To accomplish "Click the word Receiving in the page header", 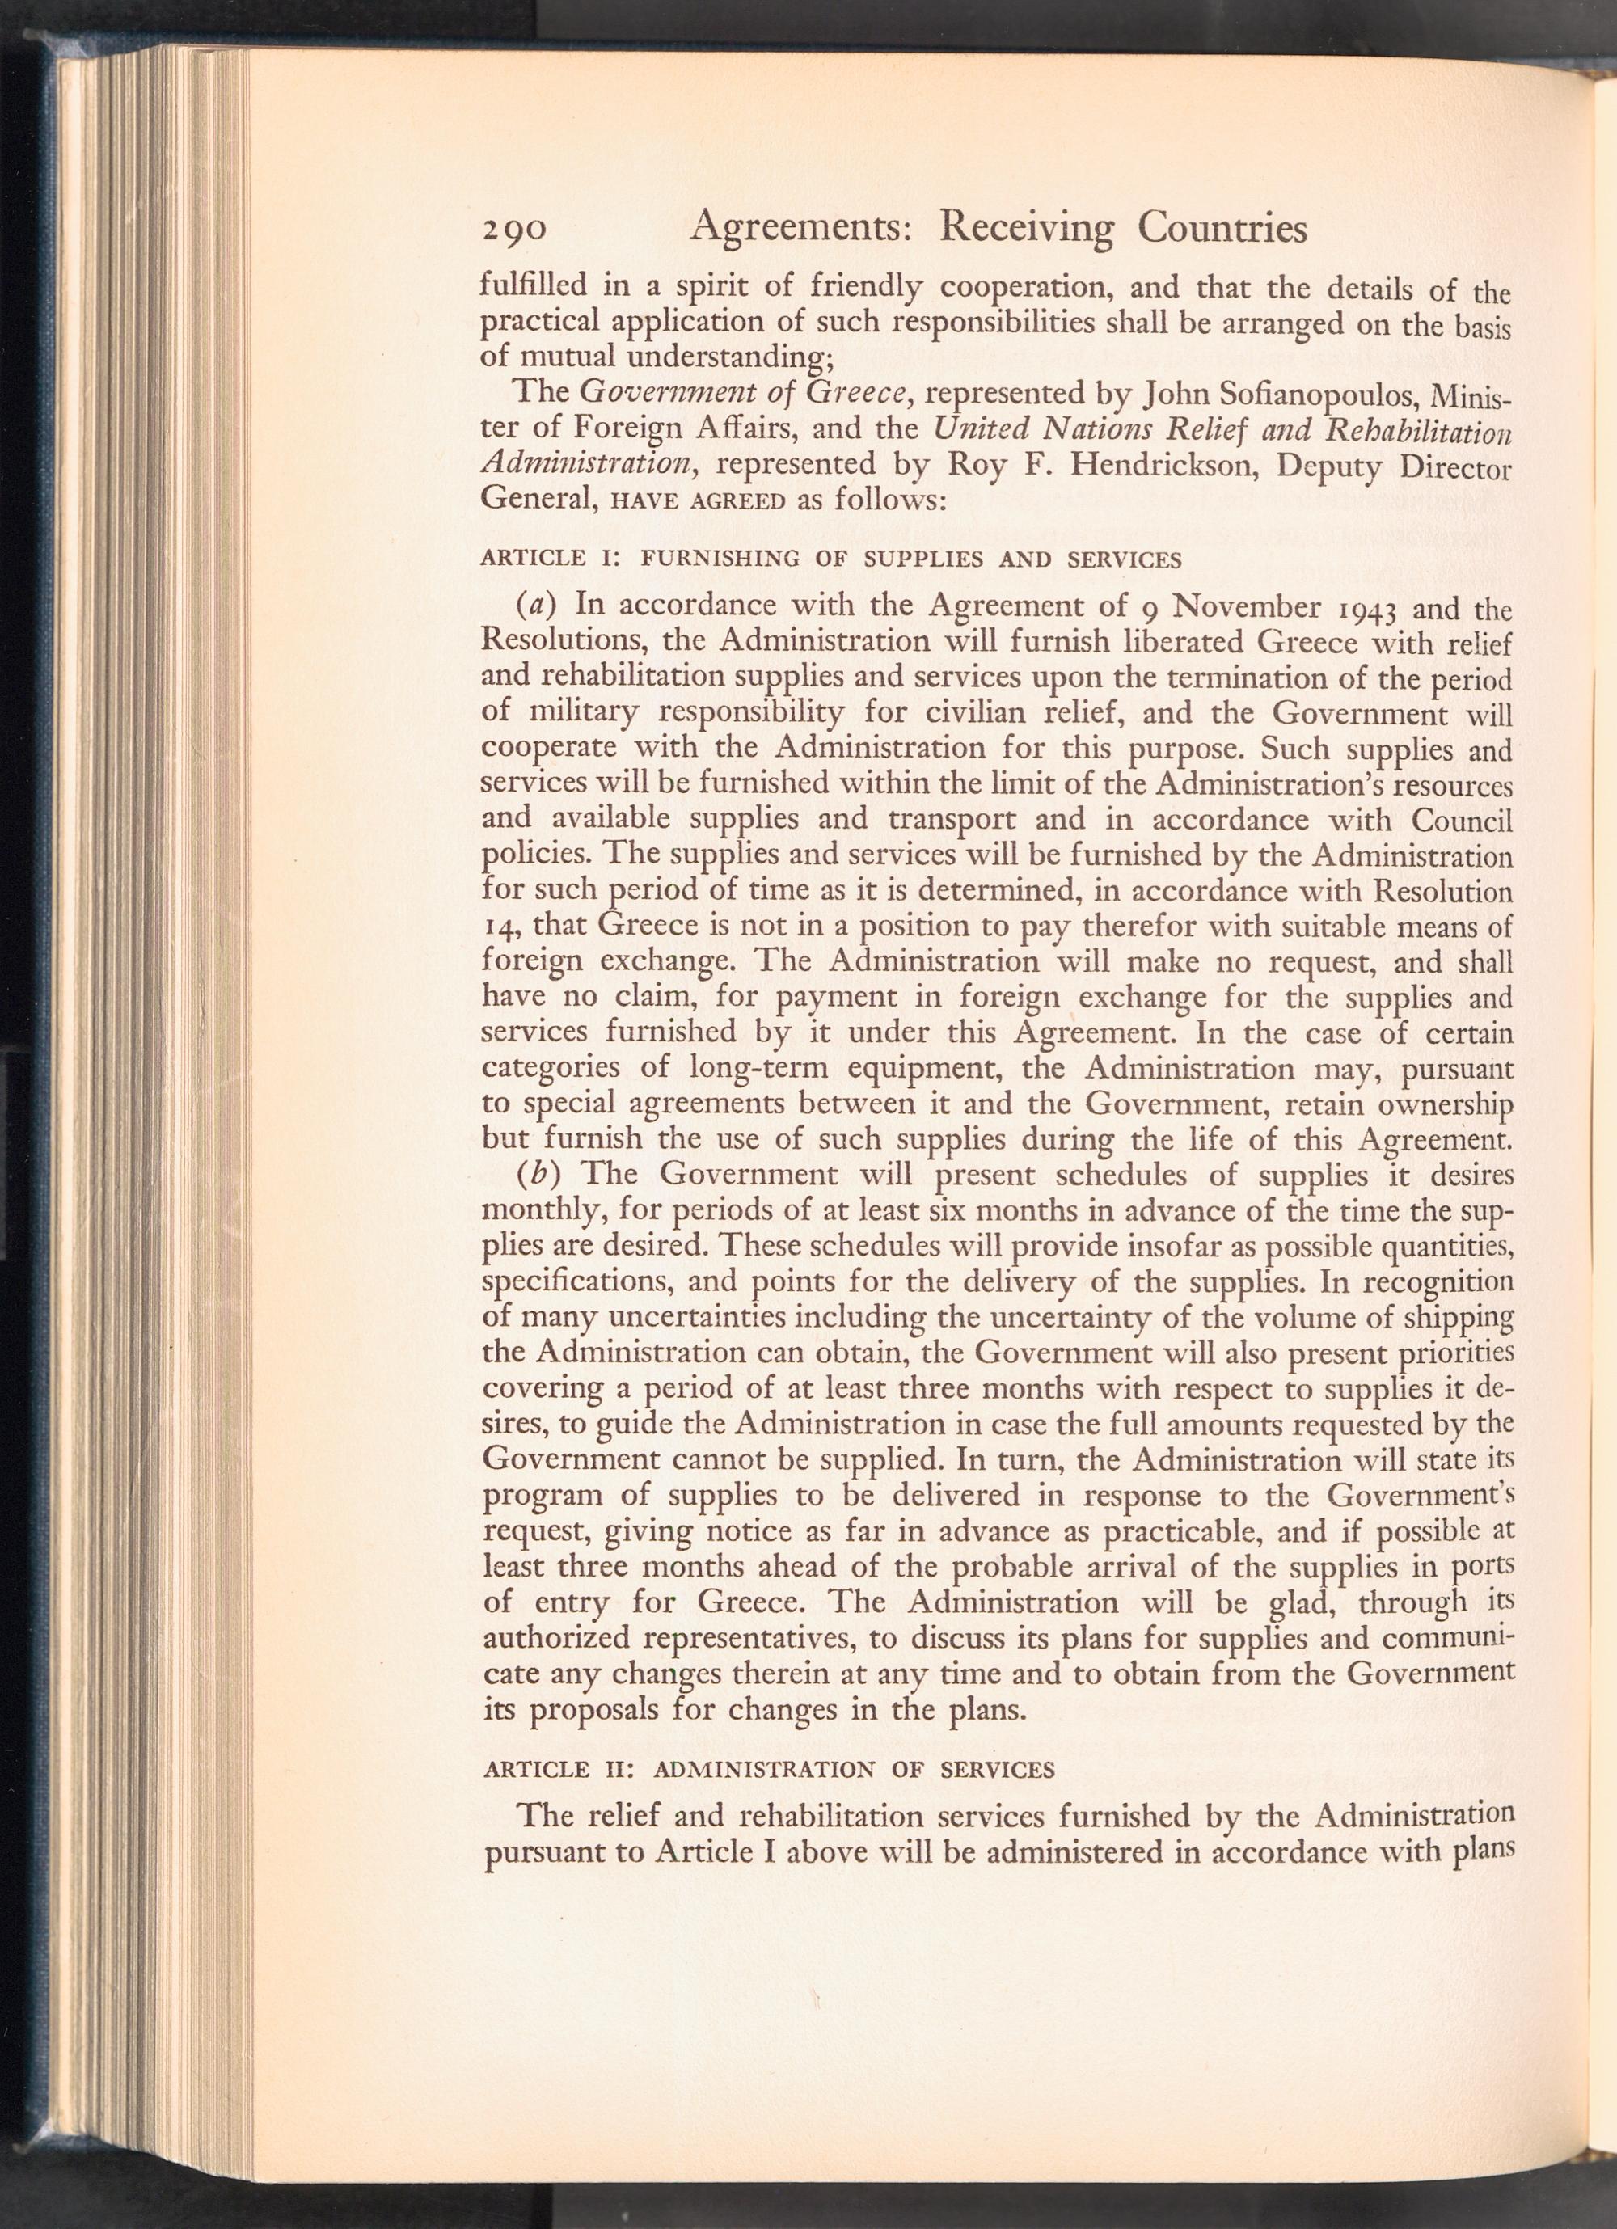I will (1026, 229).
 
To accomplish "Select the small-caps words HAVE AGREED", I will (698, 500).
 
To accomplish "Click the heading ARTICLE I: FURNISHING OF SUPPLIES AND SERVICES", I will (830, 560).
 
